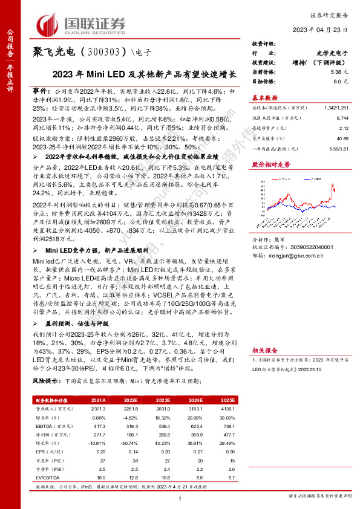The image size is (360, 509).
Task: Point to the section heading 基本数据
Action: point(265,97)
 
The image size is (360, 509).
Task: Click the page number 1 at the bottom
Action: point(180,497)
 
